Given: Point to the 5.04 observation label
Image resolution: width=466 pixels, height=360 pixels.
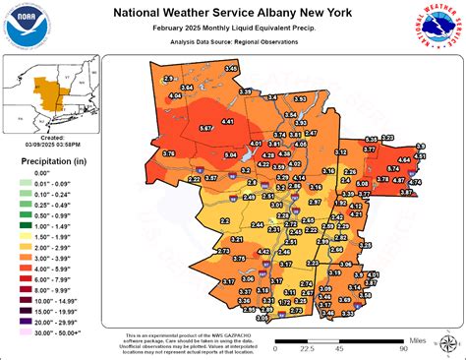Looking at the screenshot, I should [x=229, y=155].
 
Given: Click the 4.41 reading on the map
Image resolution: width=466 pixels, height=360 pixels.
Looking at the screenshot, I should [x=227, y=120].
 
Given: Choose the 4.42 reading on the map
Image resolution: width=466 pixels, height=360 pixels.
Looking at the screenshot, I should [x=263, y=253].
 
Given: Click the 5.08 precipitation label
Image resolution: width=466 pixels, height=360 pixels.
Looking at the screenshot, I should [x=362, y=183].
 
